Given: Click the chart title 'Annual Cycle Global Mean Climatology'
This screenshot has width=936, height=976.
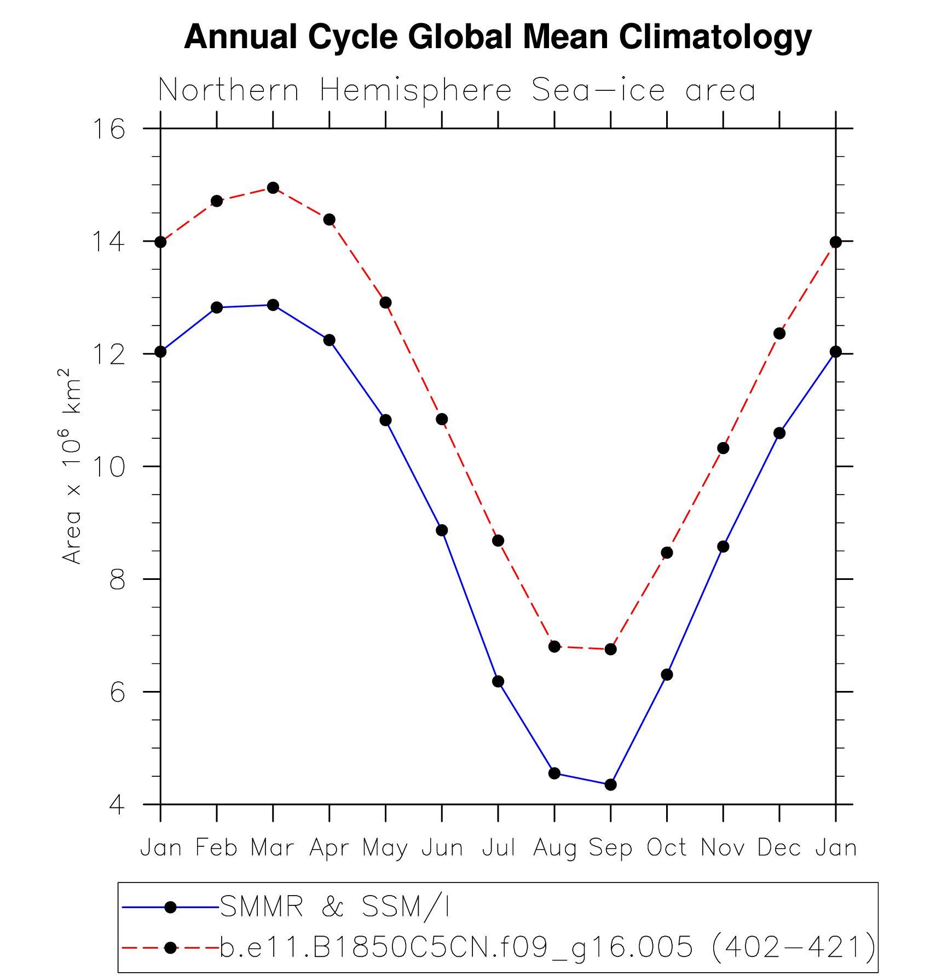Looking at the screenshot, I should pyautogui.click(x=498, y=37).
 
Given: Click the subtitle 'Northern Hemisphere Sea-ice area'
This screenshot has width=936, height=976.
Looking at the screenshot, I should pyautogui.click(x=457, y=90).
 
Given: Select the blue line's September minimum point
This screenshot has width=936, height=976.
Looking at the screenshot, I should pyautogui.click(x=611, y=785).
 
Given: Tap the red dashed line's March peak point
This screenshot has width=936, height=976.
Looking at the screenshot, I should pyautogui.click(x=273, y=188).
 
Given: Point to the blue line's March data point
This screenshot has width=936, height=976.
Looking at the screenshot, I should pyautogui.click(x=273, y=305).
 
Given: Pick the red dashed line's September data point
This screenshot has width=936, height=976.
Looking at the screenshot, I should pyautogui.click(x=611, y=649).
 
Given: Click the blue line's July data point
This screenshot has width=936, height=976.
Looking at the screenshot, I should pyautogui.click(x=498, y=681).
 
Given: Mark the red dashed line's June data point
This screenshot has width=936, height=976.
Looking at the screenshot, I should pyautogui.click(x=442, y=419).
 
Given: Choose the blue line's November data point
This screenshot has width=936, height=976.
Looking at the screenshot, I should pyautogui.click(x=723, y=547).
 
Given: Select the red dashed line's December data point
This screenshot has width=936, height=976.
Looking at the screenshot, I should pyautogui.click(x=779, y=333).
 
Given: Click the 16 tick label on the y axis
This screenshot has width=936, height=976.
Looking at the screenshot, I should pyautogui.click(x=108, y=129).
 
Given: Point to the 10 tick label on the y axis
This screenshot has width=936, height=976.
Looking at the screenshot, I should pyautogui.click(x=108, y=467).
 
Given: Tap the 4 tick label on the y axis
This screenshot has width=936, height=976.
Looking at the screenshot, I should pyautogui.click(x=117, y=805).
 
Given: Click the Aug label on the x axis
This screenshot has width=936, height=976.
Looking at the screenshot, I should pyautogui.click(x=554, y=849).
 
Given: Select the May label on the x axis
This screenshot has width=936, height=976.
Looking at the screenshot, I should pyautogui.click(x=385, y=849).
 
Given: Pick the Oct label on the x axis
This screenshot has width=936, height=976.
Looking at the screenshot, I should pyautogui.click(x=667, y=847).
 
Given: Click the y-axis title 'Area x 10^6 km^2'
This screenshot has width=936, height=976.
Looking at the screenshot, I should pyautogui.click(x=71, y=465).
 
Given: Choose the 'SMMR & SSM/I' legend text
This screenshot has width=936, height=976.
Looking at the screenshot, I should pyautogui.click(x=334, y=907).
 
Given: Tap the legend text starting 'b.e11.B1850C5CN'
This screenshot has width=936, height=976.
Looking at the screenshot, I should pyautogui.click(x=548, y=947).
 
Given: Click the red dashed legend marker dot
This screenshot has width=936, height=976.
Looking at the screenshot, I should pyautogui.click(x=171, y=948).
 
